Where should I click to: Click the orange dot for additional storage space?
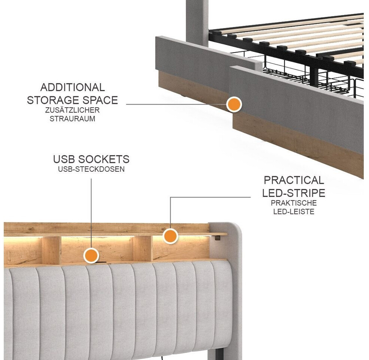[234, 104]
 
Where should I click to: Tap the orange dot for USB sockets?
[91, 255]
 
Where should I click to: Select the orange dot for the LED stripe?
[170, 236]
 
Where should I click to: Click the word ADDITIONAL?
[72, 87]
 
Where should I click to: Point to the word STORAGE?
[52, 100]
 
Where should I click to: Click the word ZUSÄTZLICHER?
[72, 110]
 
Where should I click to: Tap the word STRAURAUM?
[72, 118]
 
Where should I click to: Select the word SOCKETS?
[104, 159]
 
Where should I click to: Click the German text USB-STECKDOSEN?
[91, 169]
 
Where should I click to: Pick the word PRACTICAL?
[294, 180]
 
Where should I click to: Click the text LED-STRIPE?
[294, 193]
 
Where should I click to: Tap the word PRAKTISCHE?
[294, 203]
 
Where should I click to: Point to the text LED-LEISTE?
[294, 211]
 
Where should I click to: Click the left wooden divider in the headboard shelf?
[51, 250]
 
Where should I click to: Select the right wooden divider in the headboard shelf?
[142, 249]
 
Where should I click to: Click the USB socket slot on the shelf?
[102, 262]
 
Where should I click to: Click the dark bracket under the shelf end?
[217, 238]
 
